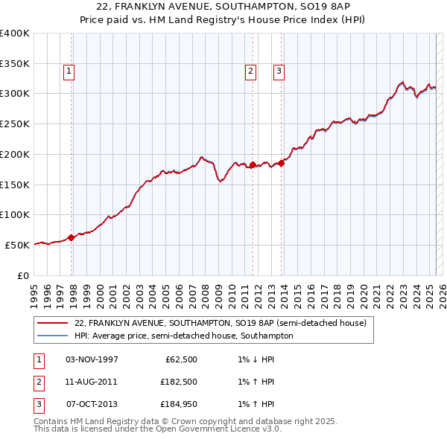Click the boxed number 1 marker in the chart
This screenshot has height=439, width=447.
[x=69, y=71]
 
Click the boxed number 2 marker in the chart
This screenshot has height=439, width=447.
[x=250, y=71]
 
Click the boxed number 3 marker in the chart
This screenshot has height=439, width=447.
[x=278, y=71]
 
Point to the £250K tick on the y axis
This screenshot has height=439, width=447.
[x=15, y=124]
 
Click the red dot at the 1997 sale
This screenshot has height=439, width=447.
[x=72, y=237]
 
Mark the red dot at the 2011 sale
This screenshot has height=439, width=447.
[x=253, y=164]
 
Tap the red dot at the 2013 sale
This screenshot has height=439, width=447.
[x=282, y=163]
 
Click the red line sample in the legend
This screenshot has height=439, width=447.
[x=52, y=324]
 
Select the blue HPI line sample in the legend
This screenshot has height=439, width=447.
[x=52, y=336]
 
